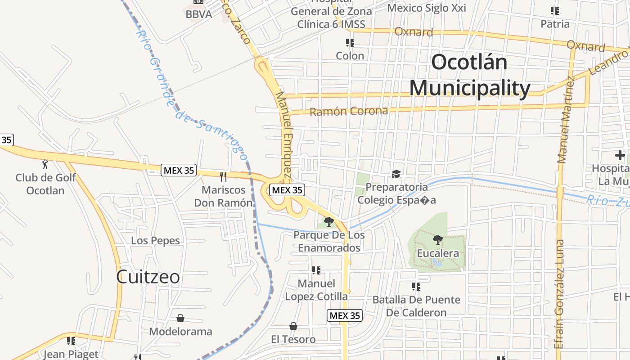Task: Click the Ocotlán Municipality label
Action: click(x=469, y=75)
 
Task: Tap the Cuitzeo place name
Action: click(x=148, y=276)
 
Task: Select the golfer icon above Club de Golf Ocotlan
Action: click(x=45, y=164)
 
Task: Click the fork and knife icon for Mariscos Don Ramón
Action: click(x=223, y=176)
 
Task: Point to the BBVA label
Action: click(x=198, y=14)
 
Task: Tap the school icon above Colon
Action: click(x=350, y=43)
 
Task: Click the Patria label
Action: click(x=555, y=24)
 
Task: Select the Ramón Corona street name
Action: click(x=349, y=111)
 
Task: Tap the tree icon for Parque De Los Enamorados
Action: click(x=329, y=221)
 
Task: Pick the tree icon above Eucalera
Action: click(x=437, y=239)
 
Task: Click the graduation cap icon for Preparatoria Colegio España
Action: click(x=396, y=174)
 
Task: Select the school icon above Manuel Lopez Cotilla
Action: click(x=316, y=270)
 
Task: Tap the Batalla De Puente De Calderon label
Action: click(x=416, y=306)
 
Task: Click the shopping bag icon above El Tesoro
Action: click(x=293, y=326)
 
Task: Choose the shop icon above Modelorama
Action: click(x=180, y=318)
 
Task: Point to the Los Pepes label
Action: click(x=155, y=241)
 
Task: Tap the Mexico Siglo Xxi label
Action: click(x=426, y=8)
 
